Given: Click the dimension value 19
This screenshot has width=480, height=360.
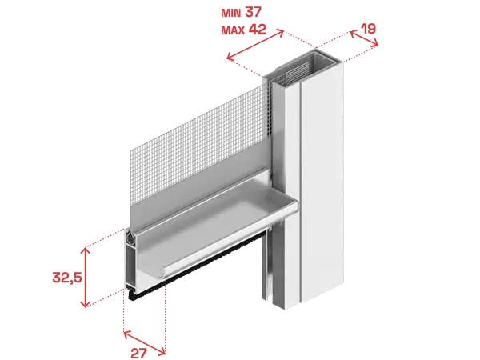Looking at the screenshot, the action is pyautogui.click(x=368, y=29).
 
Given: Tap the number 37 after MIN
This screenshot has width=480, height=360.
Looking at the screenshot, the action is pyautogui.click(x=253, y=12).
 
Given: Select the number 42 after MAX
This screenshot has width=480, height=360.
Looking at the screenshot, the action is pyautogui.click(x=257, y=30).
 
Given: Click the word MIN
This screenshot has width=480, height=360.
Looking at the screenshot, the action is pyautogui.click(x=231, y=13).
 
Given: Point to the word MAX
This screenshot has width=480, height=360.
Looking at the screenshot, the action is pyautogui.click(x=233, y=30).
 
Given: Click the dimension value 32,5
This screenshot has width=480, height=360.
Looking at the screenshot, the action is pyautogui.click(x=67, y=278).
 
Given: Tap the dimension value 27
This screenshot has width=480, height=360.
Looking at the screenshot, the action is pyautogui.click(x=138, y=354).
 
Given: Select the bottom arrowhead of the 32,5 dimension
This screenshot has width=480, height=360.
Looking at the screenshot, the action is pyautogui.click(x=85, y=304).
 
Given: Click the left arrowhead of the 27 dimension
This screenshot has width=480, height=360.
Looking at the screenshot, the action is pyautogui.click(x=126, y=334).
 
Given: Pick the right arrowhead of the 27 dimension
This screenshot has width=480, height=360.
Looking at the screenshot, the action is pyautogui.click(x=162, y=352).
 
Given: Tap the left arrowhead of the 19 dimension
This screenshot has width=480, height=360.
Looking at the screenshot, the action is pyautogui.click(x=353, y=34).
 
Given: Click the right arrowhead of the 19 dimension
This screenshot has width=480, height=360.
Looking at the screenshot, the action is pyautogui.click(x=374, y=44).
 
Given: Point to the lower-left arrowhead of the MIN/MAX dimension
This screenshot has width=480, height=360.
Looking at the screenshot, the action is pyautogui.click(x=230, y=57).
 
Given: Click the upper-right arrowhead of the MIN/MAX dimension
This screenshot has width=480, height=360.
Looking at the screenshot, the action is pyautogui.click(x=281, y=32).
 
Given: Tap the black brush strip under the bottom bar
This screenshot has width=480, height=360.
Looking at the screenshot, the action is pyautogui.click(x=196, y=263).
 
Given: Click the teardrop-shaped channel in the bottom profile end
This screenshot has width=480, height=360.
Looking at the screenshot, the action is pyautogui.click(x=131, y=238).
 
